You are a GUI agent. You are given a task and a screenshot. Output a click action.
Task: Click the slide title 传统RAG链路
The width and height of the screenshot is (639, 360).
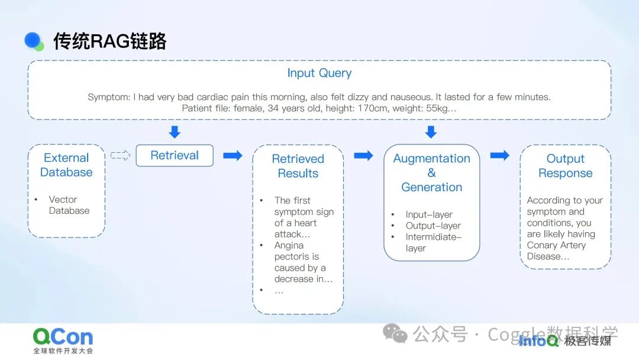[110, 41]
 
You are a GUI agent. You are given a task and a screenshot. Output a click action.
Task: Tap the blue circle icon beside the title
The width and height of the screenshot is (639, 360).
[33, 40]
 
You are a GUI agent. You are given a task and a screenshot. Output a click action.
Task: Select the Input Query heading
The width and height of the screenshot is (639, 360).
[319, 73]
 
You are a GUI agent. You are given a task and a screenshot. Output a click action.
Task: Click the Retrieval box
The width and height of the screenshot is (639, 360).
[175, 155]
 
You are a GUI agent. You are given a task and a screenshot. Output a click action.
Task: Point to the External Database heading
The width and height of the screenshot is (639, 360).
[66, 165]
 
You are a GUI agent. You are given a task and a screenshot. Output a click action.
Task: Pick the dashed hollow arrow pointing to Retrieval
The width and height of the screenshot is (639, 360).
[120, 155]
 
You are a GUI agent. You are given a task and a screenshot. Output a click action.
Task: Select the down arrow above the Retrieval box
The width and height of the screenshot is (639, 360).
[175, 132]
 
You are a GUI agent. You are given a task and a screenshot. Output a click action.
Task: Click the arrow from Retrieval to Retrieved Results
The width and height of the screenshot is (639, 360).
[233, 155]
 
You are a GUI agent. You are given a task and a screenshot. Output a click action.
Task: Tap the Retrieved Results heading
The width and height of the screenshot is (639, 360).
[298, 166]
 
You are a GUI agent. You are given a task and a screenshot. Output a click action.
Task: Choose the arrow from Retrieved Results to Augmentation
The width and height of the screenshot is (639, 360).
[363, 155]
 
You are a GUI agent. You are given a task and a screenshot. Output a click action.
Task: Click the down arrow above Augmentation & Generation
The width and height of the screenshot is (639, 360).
[431, 132]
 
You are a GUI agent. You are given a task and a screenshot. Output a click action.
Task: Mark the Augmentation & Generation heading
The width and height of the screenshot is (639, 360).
[431, 172]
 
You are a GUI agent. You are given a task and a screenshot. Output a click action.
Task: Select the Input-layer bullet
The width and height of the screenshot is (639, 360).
[429, 214]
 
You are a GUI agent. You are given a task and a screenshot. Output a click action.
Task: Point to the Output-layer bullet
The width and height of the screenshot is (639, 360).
[433, 226]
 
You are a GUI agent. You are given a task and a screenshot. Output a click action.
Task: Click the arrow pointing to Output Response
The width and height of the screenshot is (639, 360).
[499, 155]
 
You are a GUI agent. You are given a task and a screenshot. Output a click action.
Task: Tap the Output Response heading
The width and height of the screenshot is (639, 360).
[565, 166]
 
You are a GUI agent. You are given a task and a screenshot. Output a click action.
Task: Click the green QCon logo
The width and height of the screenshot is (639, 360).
[63, 337]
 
